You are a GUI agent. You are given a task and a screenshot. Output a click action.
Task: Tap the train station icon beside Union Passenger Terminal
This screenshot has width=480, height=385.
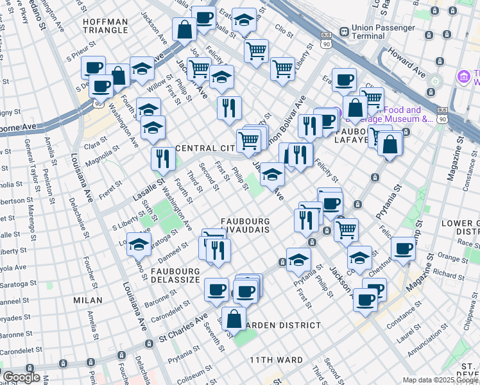tap(344, 30)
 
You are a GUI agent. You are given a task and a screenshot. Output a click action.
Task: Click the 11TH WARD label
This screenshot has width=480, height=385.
tap(276, 360)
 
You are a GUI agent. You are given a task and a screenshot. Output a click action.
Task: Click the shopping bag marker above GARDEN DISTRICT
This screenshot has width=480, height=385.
tap(235, 318)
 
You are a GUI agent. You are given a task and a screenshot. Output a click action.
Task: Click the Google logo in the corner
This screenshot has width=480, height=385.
tap(21, 377)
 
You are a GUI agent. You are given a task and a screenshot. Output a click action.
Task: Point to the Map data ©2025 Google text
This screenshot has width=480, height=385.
tap(440, 380)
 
